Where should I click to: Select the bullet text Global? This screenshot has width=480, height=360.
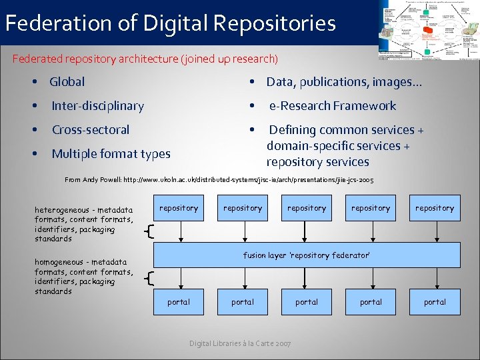click(x=67, y=82)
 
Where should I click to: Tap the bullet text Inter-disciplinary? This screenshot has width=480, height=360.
click(x=97, y=106)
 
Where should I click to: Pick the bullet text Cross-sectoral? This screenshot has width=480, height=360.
click(x=91, y=130)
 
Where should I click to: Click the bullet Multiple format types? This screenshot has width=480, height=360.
click(x=111, y=154)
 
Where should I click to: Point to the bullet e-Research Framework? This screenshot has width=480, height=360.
click(x=332, y=106)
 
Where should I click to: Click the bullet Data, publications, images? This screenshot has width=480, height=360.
click(x=343, y=82)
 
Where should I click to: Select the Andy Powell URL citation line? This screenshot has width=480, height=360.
click(x=219, y=180)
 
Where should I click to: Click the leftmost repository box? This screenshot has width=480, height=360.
click(x=179, y=208)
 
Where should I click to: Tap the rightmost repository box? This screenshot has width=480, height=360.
click(x=435, y=208)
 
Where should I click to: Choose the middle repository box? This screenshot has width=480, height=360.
click(x=307, y=208)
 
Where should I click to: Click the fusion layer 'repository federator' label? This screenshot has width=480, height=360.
click(x=306, y=255)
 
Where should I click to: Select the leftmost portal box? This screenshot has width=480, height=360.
click(x=179, y=302)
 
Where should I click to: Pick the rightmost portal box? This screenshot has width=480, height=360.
click(x=435, y=302)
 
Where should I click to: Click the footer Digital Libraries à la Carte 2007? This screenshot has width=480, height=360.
click(x=240, y=343)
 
